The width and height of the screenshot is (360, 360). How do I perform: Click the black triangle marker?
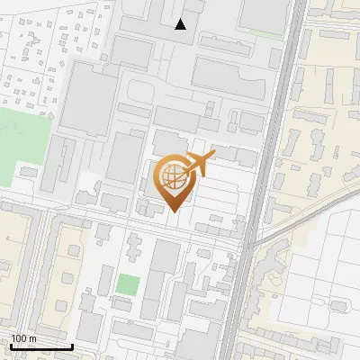[x=181, y=24]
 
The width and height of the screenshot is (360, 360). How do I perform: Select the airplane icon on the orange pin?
[x=200, y=165]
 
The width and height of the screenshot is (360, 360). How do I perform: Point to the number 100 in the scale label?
[x=19, y=339]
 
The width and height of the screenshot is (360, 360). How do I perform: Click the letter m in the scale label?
[x=32, y=339]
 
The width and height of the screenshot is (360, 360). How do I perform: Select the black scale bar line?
[x=41, y=346]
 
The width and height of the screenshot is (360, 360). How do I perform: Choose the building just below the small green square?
[x=127, y=307]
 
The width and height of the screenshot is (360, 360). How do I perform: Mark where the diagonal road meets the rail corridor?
[x=249, y=243]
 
